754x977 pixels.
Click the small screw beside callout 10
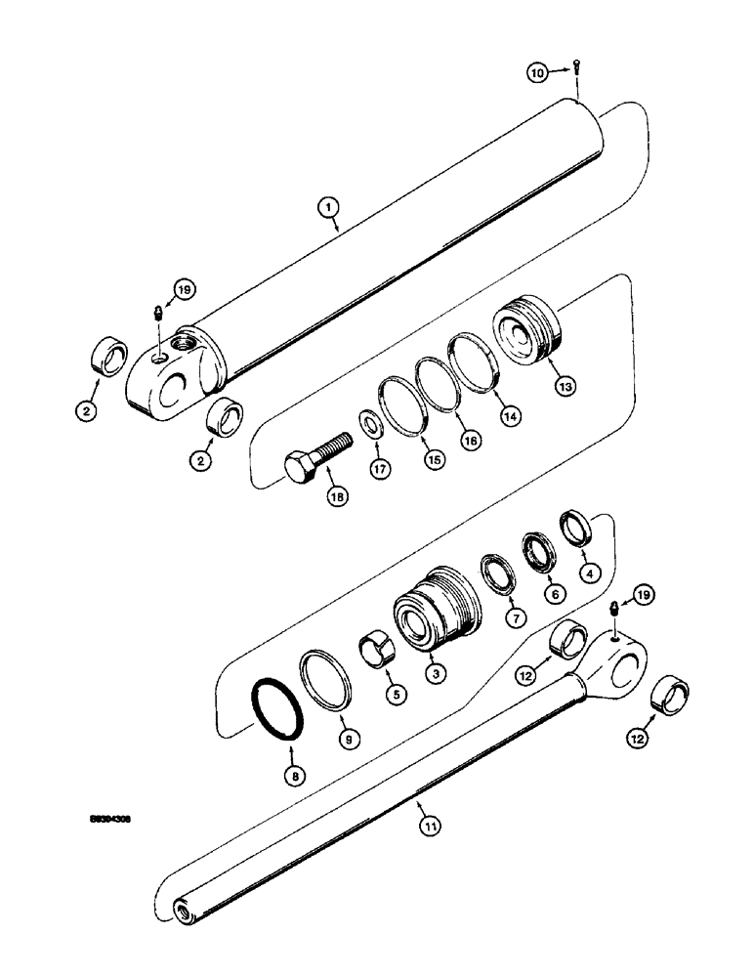[576, 68]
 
